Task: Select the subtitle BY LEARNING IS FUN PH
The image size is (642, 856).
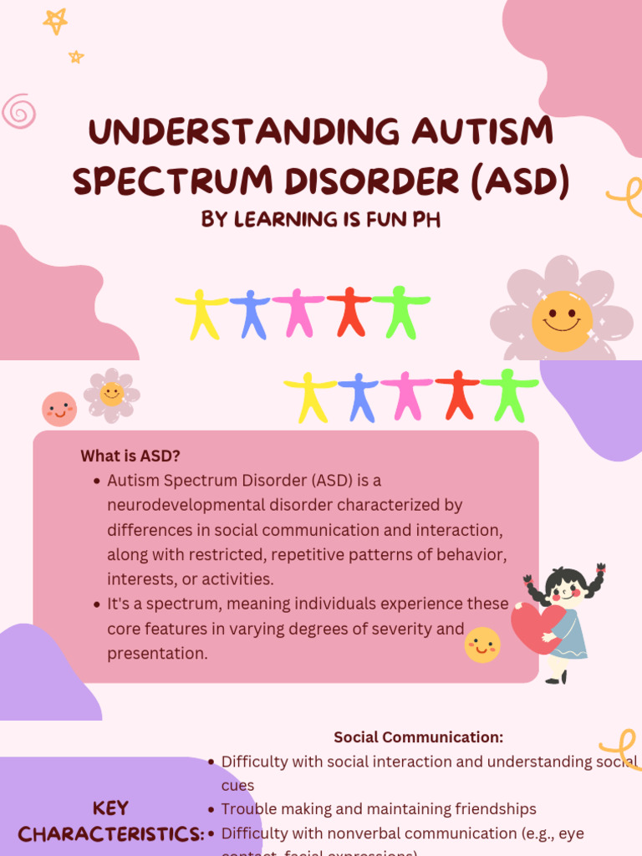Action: (320, 221)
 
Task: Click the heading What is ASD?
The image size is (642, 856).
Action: (130, 456)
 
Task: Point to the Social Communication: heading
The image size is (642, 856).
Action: (418, 737)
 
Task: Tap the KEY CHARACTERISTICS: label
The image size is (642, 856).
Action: (110, 821)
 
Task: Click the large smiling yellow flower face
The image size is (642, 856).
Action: (562, 321)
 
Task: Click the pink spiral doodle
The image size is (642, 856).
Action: (18, 110)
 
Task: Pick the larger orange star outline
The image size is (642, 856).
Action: (55, 21)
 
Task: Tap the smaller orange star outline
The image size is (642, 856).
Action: (76, 57)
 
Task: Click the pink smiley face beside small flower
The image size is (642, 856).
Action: (59, 409)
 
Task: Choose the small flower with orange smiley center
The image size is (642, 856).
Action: (111, 394)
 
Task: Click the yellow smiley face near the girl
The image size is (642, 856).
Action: (482, 645)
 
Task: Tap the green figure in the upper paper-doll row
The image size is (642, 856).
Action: (400, 312)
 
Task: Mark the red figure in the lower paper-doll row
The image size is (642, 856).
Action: (457, 394)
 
